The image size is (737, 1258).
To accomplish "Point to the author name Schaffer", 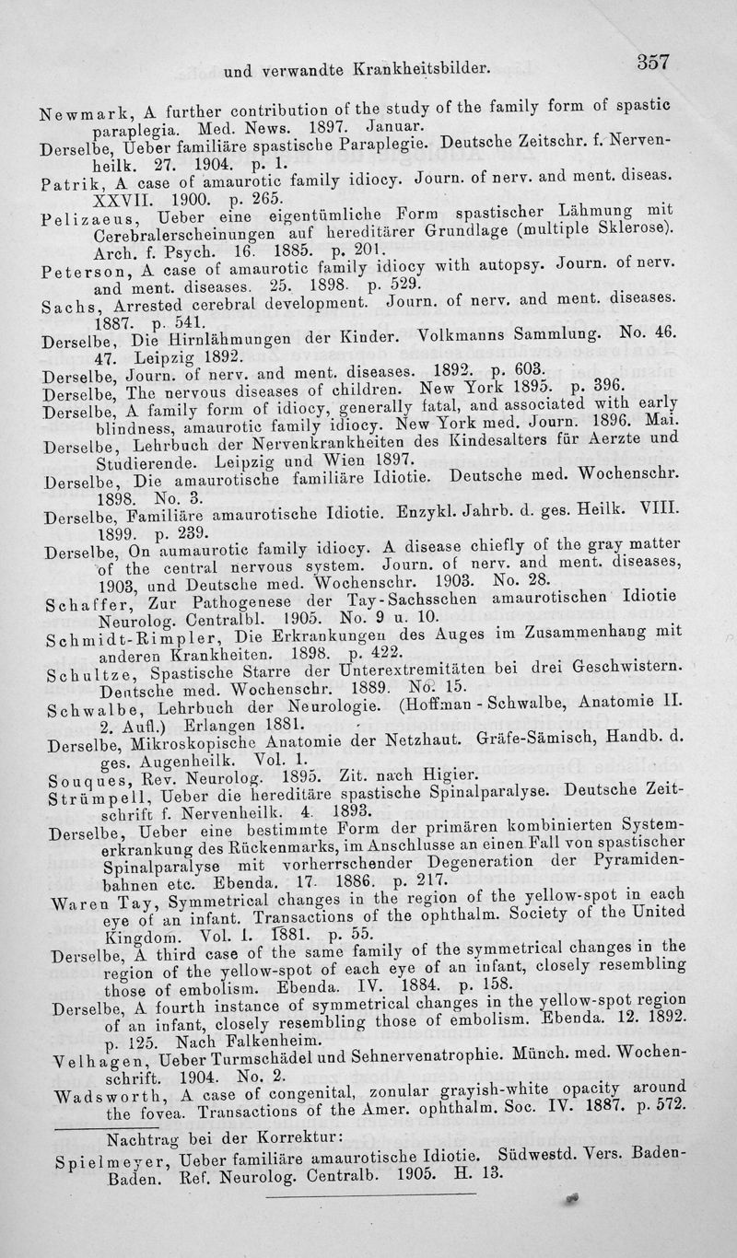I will [84, 605].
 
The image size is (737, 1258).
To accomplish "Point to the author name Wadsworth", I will [95, 1077].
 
